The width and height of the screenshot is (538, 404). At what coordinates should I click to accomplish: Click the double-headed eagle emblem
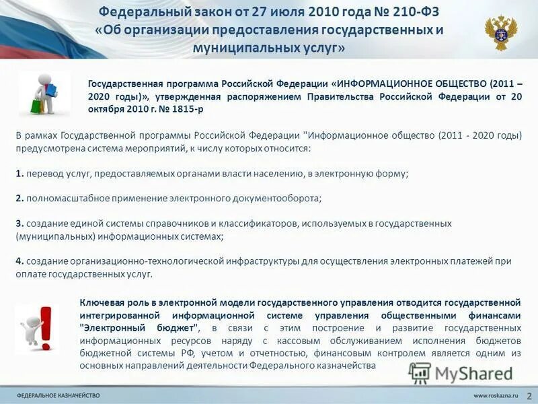point(501,33)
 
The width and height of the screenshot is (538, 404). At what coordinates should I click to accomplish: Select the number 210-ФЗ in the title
point(403,12)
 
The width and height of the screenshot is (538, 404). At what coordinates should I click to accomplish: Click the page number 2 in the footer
point(529,395)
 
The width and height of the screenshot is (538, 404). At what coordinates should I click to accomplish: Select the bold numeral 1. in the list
point(20,173)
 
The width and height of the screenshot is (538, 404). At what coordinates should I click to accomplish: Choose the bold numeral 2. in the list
point(20,198)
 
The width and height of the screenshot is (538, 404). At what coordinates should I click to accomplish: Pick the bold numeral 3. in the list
point(20,223)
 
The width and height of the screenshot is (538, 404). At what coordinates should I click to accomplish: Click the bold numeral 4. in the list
point(20,261)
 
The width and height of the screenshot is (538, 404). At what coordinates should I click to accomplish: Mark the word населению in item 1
point(281,173)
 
